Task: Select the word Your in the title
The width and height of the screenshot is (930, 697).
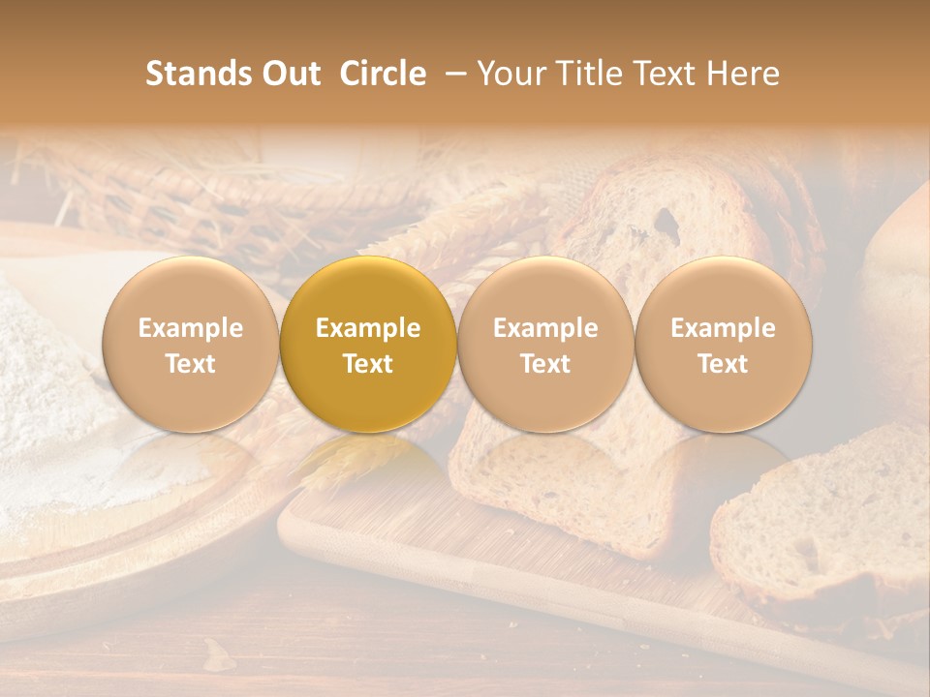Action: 509,74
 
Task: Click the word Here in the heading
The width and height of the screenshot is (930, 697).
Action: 742,74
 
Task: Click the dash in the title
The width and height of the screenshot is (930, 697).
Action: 451,75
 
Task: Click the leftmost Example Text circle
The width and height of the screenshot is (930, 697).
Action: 191,345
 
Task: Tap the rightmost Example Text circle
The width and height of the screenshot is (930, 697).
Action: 724,345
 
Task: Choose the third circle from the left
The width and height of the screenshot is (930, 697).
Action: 545,345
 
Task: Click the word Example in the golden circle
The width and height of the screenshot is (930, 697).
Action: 368,328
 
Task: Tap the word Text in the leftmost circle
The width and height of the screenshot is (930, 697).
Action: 191,364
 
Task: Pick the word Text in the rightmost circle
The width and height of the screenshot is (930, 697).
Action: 724,364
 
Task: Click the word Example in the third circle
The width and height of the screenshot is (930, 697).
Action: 545,328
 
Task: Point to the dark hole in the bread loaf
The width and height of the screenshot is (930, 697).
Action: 666,224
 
